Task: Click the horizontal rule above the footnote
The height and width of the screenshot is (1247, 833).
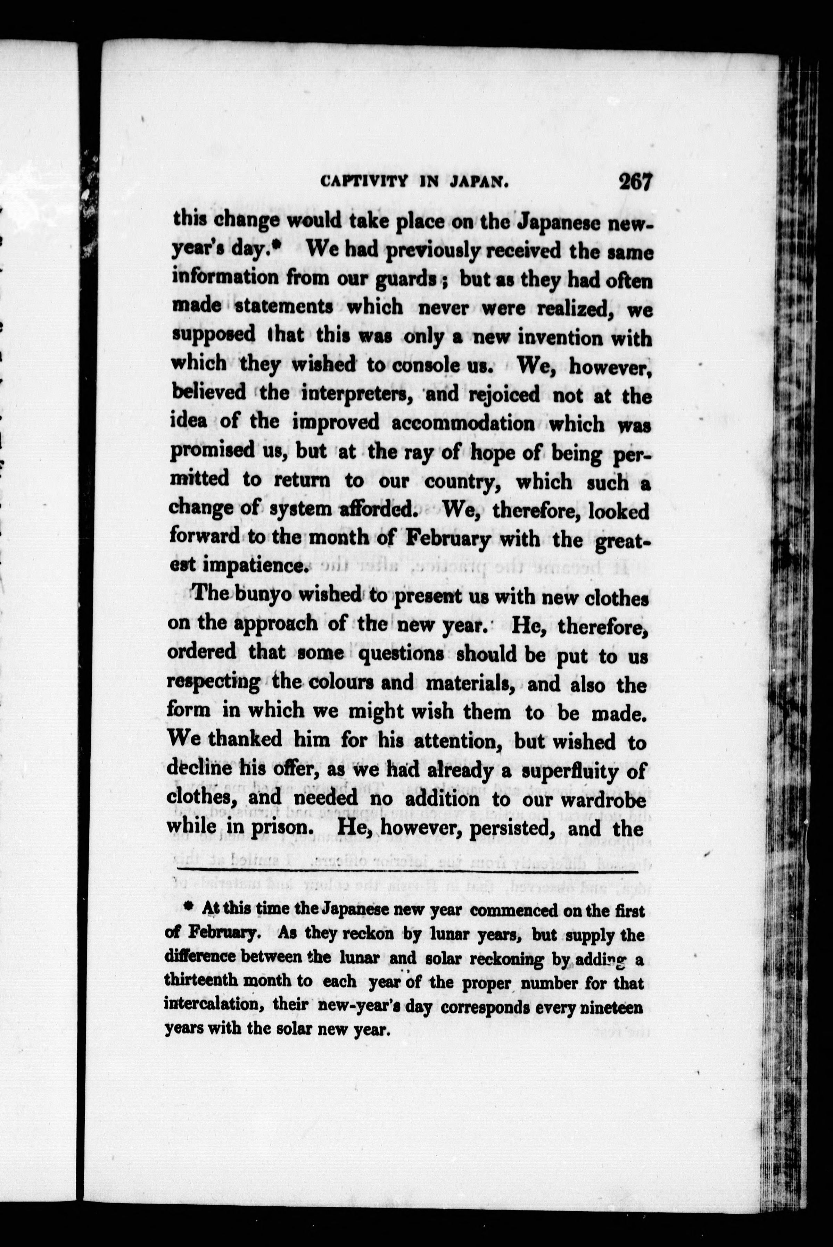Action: [x=407, y=871]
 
